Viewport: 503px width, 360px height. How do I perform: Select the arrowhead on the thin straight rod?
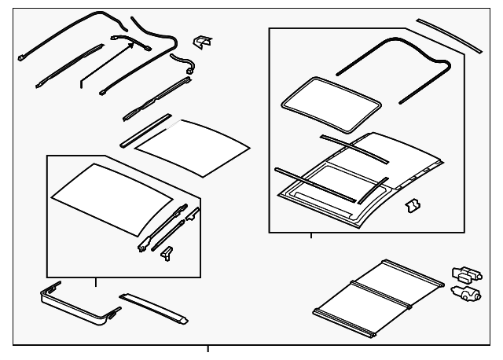126,46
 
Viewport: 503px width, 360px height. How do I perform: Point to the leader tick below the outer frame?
208,349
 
